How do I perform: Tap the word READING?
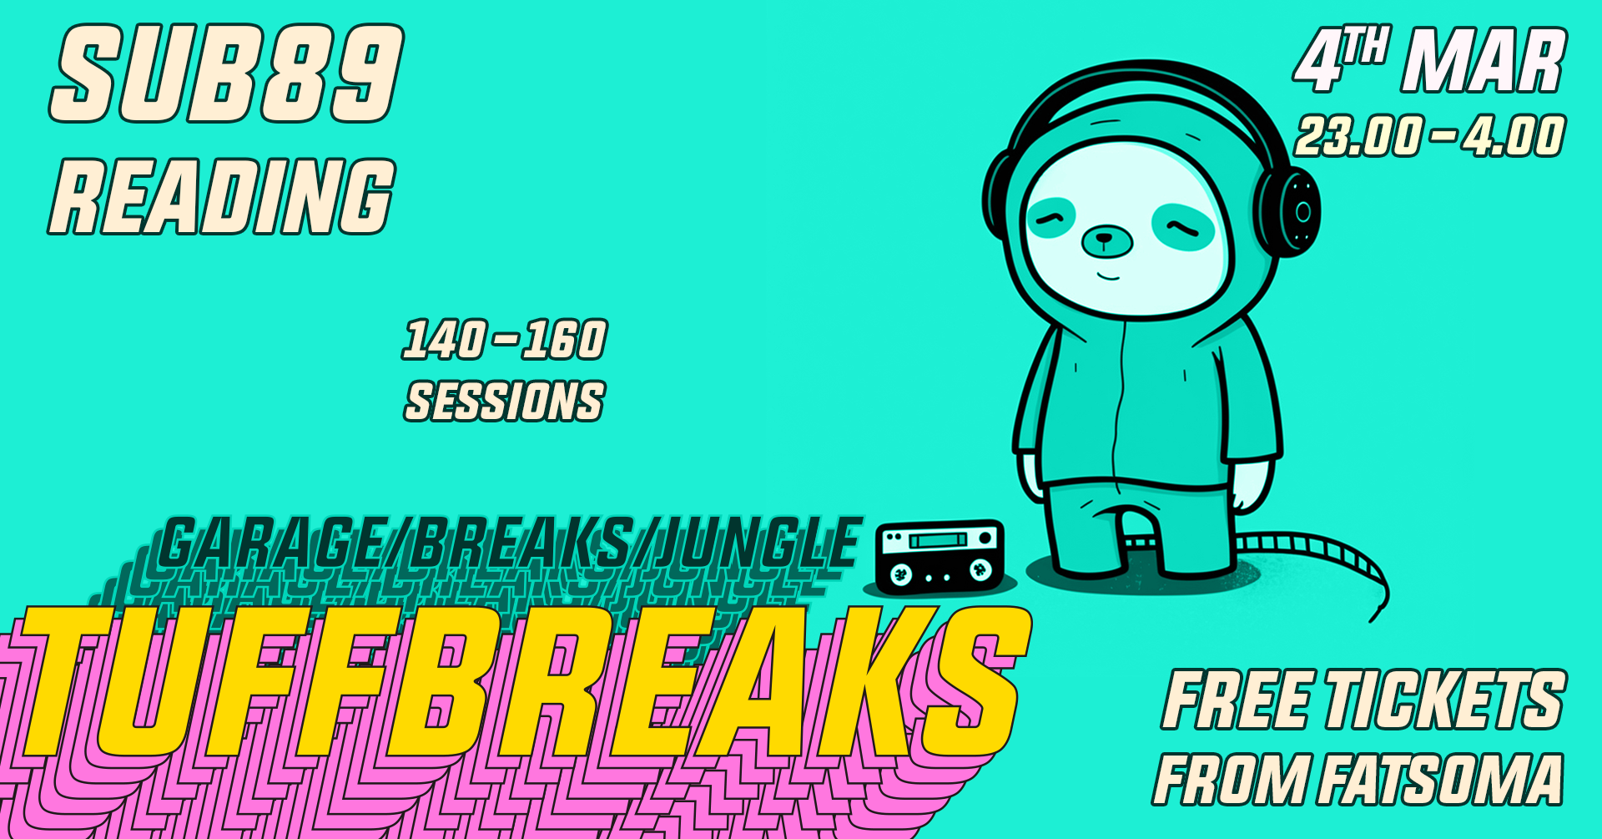tap(222, 196)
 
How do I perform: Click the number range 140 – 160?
tap(506, 340)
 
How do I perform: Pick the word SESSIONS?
tap(505, 402)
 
